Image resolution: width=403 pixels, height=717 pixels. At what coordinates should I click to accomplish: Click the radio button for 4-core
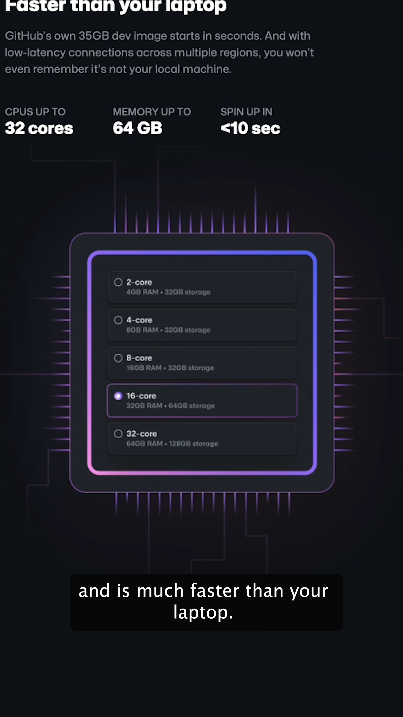pyautogui.click(x=118, y=320)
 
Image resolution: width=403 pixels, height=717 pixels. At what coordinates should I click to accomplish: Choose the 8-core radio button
pyautogui.click(x=118, y=358)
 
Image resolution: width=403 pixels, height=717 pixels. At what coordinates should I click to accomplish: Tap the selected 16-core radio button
pyautogui.click(x=118, y=396)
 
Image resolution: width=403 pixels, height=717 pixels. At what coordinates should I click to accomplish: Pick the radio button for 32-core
pyautogui.click(x=118, y=434)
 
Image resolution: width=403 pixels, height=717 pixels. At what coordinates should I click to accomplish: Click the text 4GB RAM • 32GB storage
pyautogui.click(x=168, y=292)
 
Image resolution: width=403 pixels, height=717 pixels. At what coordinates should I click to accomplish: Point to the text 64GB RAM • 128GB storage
pyautogui.click(x=172, y=444)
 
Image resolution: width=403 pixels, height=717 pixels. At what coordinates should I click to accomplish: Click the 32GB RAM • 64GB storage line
pyautogui.click(x=171, y=406)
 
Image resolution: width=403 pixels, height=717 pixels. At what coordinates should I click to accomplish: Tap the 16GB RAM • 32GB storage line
pyautogui.click(x=170, y=368)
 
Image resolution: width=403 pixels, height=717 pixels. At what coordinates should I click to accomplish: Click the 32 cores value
pyautogui.click(x=39, y=128)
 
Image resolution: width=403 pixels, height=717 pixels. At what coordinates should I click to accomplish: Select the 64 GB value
pyautogui.click(x=137, y=128)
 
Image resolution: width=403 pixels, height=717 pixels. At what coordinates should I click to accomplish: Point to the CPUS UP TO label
pyautogui.click(x=35, y=112)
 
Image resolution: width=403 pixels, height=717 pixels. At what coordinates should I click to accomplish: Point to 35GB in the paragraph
pyautogui.click(x=94, y=36)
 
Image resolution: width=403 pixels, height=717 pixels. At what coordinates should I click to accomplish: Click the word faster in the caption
pyautogui.click(x=215, y=591)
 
